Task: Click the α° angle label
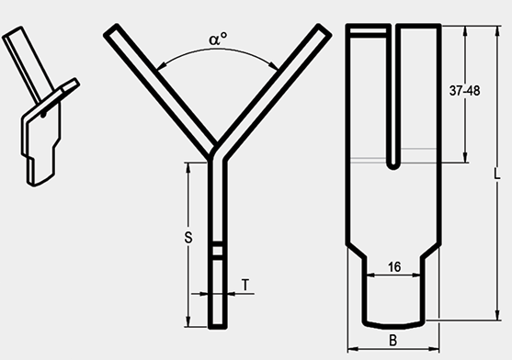[x=218, y=39]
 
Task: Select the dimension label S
[x=188, y=237]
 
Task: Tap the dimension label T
[x=245, y=285]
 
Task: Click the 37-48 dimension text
[x=464, y=91]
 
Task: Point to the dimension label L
[x=496, y=174]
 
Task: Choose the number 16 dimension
[x=394, y=267]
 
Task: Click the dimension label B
[x=393, y=341]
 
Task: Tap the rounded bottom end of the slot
[x=393, y=165]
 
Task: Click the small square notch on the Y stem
[x=218, y=251]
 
